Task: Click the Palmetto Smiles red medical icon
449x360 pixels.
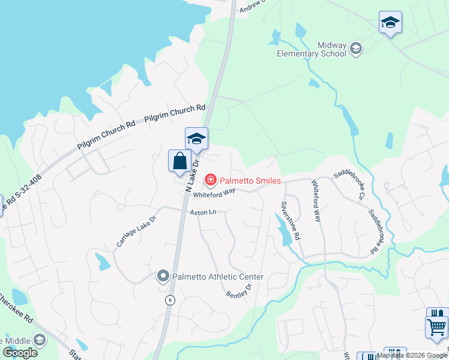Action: click(x=210, y=179)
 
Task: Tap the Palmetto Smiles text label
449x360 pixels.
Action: click(x=250, y=179)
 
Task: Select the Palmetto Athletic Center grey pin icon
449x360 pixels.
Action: click(x=163, y=277)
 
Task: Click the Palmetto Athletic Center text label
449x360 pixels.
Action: click(x=218, y=277)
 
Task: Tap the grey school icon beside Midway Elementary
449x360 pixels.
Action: click(x=355, y=49)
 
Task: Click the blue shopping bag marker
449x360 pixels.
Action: click(x=179, y=161)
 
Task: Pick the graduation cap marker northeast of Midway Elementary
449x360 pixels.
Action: click(x=390, y=23)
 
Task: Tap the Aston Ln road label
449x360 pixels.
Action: click(x=202, y=212)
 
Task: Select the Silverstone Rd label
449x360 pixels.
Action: click(x=291, y=220)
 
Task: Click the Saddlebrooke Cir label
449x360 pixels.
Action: click(x=349, y=184)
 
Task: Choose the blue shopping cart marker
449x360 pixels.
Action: click(x=436, y=327)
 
